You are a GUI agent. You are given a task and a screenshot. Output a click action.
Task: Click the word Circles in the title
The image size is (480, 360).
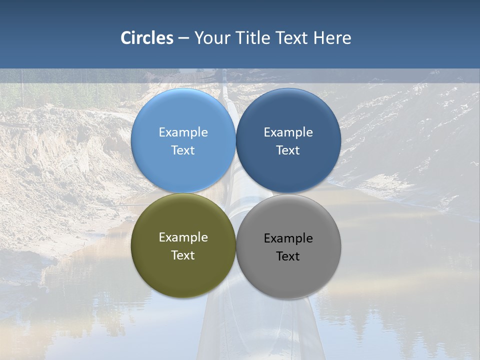[x=147, y=38]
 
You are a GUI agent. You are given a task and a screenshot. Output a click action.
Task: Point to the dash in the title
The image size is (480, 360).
[x=183, y=38]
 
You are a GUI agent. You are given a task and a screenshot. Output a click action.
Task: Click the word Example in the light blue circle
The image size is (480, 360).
[x=183, y=132]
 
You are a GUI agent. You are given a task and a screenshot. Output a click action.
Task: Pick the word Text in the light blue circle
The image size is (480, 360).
[x=183, y=150]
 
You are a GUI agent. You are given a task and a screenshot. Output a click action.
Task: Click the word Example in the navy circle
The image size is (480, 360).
[x=288, y=132]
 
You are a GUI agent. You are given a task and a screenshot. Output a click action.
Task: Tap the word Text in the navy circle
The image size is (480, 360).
[x=288, y=150]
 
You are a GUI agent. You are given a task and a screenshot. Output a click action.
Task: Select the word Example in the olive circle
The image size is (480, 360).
[x=183, y=237]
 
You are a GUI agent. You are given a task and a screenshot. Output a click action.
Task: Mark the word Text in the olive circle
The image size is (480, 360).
[x=183, y=255]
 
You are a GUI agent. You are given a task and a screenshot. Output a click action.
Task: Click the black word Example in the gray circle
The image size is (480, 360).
[x=288, y=238]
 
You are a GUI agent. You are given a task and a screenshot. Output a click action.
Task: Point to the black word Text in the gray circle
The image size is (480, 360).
[x=288, y=256]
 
